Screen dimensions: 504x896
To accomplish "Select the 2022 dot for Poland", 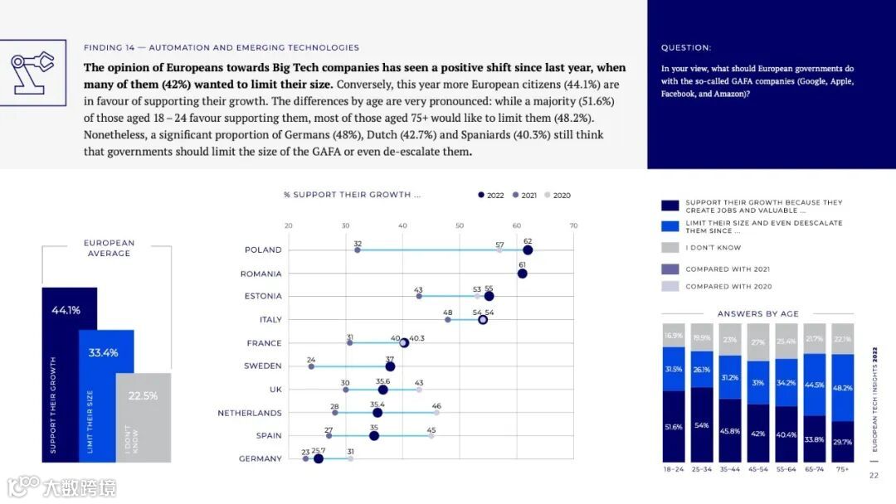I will click(x=528, y=250).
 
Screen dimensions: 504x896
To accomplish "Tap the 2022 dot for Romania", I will click(x=522, y=274).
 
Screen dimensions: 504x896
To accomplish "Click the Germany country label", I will click(x=260, y=459).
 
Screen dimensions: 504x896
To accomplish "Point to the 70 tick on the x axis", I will click(x=573, y=225).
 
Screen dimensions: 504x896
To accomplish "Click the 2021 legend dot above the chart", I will click(x=516, y=196).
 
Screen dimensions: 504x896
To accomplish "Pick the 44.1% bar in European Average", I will click(x=70, y=373).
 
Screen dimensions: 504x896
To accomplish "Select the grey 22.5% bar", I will click(x=143, y=416).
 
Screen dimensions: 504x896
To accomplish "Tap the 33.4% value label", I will click(x=103, y=353).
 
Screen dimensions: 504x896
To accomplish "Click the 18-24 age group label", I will click(x=674, y=469).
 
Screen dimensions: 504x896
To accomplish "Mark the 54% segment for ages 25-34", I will click(x=702, y=424).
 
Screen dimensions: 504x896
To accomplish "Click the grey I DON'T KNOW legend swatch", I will click(x=670, y=248).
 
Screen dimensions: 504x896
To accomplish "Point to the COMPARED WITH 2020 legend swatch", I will click(x=670, y=286).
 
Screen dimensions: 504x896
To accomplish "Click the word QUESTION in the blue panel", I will click(x=686, y=48).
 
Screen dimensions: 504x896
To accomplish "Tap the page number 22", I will click(x=874, y=476).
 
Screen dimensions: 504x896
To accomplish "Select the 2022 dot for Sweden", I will click(x=390, y=366).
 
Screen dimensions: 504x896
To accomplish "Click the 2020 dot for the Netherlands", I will click(x=436, y=412).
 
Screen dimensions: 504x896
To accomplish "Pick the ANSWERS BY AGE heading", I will click(x=757, y=314).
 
